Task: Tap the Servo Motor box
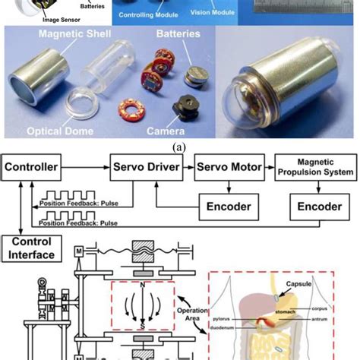coord(230,166)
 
